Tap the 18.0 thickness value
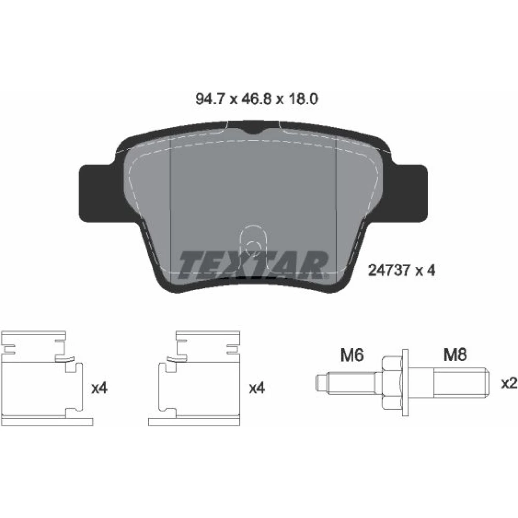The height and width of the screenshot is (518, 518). click(x=303, y=99)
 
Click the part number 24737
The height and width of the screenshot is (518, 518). click(x=389, y=270)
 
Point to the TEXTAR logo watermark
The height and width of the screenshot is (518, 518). click(x=253, y=265)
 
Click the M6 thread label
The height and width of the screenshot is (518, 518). click(x=352, y=355)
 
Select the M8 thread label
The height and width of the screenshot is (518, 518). click(x=455, y=355)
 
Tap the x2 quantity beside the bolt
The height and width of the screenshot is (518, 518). click(x=509, y=383)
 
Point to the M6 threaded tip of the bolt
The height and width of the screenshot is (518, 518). click(x=345, y=382)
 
